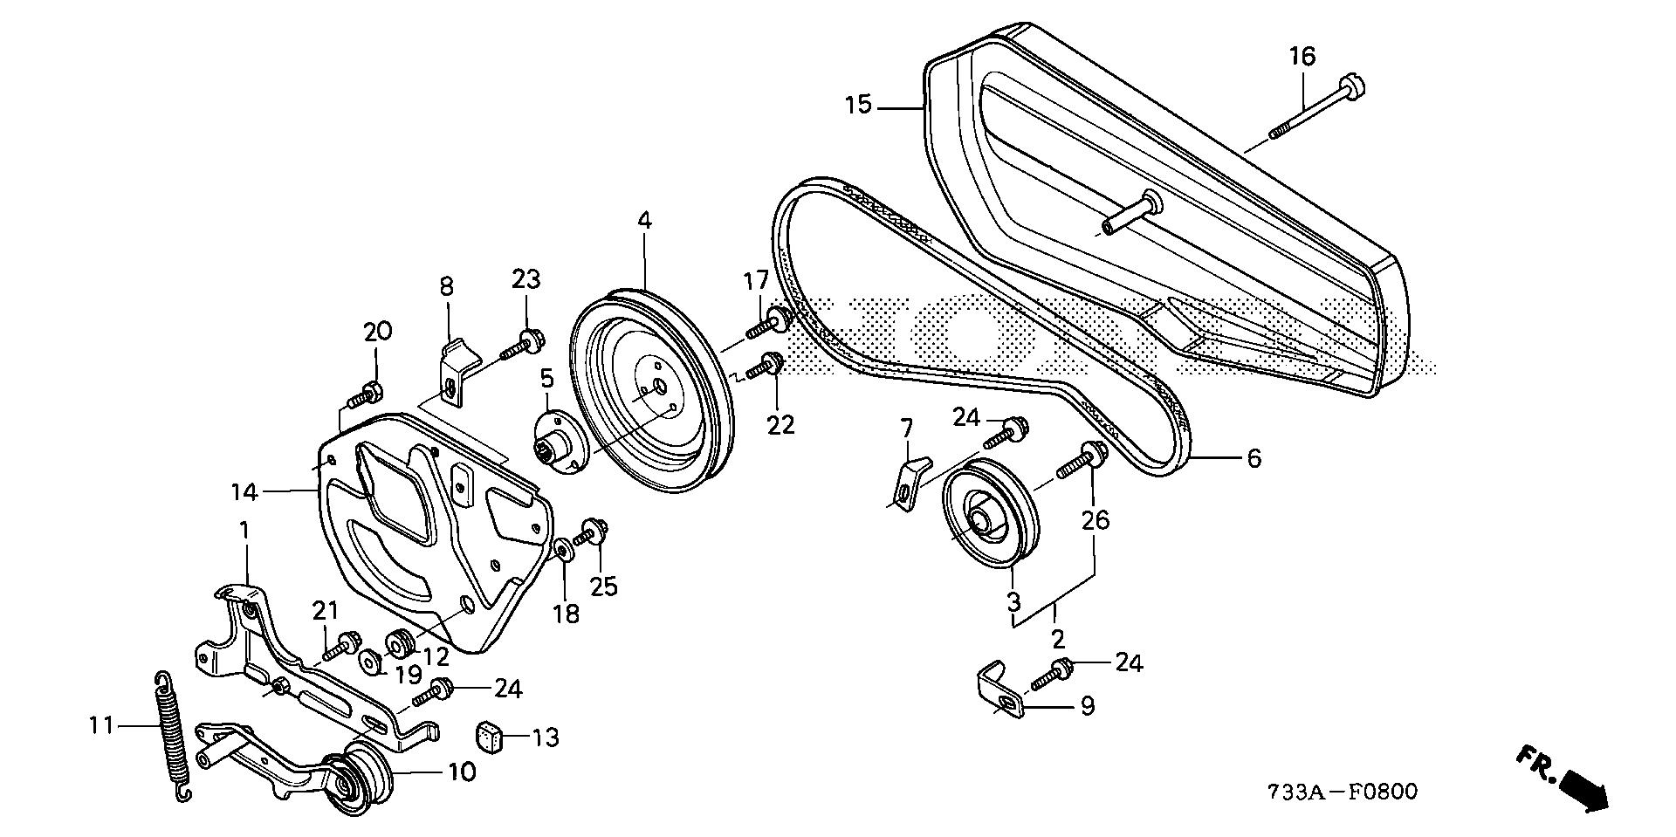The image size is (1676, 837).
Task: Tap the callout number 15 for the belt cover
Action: tap(858, 106)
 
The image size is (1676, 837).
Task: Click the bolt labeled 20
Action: tap(363, 396)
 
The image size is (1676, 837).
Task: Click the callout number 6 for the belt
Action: tap(1254, 458)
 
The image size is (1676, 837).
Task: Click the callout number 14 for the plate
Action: tap(244, 493)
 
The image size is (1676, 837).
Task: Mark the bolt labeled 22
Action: tap(763, 367)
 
